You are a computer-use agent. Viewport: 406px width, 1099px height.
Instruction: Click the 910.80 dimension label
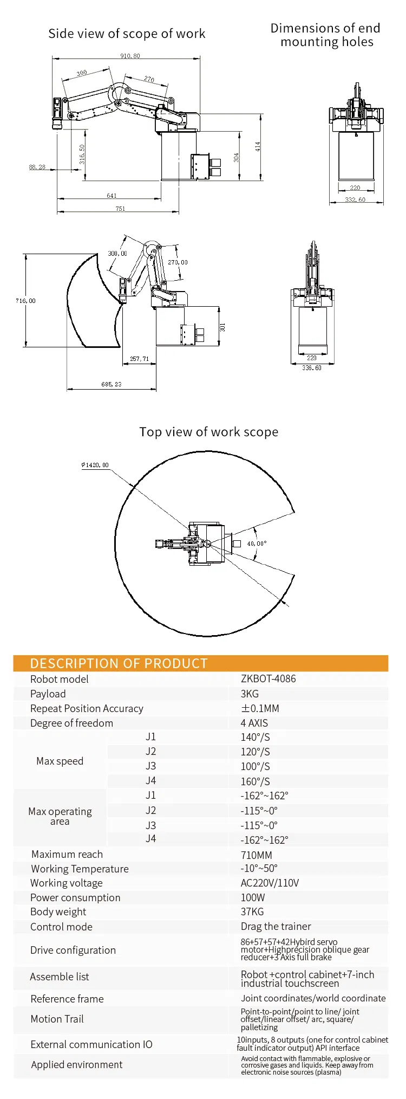pyautogui.click(x=130, y=56)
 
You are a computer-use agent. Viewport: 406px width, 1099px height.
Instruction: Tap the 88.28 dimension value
pyautogui.click(x=37, y=167)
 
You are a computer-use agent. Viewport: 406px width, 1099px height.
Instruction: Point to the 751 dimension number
pyautogui.click(x=120, y=209)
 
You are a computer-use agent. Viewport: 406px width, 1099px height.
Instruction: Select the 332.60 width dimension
pyautogui.click(x=355, y=200)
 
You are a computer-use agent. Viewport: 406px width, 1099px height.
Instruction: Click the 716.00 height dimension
pyautogui.click(x=25, y=301)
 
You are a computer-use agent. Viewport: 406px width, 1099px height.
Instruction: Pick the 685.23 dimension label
pyautogui.click(x=111, y=384)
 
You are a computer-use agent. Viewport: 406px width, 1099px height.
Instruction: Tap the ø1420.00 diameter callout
pyautogui.click(x=95, y=465)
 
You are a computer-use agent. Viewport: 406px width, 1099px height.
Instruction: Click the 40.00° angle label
pyautogui.click(x=257, y=544)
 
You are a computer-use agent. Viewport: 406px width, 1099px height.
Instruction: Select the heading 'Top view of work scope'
pyautogui.click(x=209, y=432)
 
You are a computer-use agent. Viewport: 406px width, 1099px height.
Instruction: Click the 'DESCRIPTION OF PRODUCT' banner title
pyautogui.click(x=119, y=663)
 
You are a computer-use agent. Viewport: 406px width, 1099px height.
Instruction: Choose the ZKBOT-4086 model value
pyautogui.click(x=269, y=678)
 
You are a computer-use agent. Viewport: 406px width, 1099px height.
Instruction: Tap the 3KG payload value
pyautogui.click(x=250, y=694)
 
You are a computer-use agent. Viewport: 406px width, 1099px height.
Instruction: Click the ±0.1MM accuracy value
pyautogui.click(x=260, y=708)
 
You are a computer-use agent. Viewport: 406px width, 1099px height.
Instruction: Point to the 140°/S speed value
pyautogui.click(x=255, y=737)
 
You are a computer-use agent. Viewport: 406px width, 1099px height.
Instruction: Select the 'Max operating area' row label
pyautogui.click(x=60, y=816)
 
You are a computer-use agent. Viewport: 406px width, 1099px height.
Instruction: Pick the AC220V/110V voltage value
pyautogui.click(x=270, y=883)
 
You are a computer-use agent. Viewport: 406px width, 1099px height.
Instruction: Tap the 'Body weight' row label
pyautogui.click(x=58, y=912)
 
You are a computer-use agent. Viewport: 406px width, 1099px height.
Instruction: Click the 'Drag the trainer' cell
pyautogui.click(x=276, y=926)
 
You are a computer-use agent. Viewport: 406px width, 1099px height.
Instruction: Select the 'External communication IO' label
pyautogui.click(x=91, y=1044)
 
